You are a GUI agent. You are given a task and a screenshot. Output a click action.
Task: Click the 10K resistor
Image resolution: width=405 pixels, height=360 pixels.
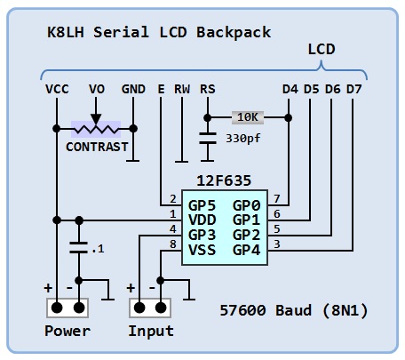click(x=248, y=117)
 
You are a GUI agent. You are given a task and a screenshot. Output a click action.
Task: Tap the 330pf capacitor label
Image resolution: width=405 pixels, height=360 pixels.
click(x=243, y=139)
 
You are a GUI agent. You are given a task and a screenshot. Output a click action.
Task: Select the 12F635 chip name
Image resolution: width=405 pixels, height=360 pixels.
click(x=224, y=180)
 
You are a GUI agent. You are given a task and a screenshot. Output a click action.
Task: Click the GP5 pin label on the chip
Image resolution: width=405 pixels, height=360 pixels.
click(x=202, y=205)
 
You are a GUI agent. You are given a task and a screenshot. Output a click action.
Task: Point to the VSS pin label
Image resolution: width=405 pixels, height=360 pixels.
click(x=202, y=250)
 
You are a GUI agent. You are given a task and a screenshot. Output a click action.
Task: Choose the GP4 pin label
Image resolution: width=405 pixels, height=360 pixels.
click(x=246, y=250)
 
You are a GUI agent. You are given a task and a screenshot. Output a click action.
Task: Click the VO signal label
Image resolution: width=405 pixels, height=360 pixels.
click(x=97, y=89)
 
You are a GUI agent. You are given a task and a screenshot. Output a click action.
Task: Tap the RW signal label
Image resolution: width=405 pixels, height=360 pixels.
click(x=182, y=89)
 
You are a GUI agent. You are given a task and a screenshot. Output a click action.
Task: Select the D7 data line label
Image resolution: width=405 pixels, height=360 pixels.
click(x=354, y=89)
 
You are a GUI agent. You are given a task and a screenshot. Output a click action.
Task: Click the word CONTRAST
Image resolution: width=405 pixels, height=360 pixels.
click(x=97, y=147)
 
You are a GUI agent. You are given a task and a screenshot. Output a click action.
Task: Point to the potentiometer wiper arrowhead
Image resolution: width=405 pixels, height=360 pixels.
click(x=96, y=119)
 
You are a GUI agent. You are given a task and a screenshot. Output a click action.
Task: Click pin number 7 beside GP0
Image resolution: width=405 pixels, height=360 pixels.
click(x=277, y=198)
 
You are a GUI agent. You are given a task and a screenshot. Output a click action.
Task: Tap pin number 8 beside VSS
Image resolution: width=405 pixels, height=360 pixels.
click(x=173, y=244)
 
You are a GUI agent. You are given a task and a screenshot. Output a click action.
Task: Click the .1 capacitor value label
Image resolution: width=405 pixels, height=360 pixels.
click(x=98, y=249)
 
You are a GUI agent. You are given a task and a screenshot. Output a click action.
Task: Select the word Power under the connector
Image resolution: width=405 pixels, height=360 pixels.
click(x=67, y=331)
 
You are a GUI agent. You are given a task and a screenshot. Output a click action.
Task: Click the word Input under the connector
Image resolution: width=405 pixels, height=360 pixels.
click(x=151, y=331)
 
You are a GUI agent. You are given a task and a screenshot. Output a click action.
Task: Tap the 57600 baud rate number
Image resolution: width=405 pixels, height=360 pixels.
click(x=242, y=310)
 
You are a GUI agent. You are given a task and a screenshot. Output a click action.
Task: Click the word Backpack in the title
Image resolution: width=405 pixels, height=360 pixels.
click(x=234, y=32)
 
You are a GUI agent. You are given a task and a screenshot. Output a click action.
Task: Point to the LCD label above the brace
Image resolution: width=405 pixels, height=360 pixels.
click(x=322, y=49)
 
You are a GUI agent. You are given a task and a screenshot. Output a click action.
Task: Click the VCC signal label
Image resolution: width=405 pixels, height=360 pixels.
click(x=57, y=89)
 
